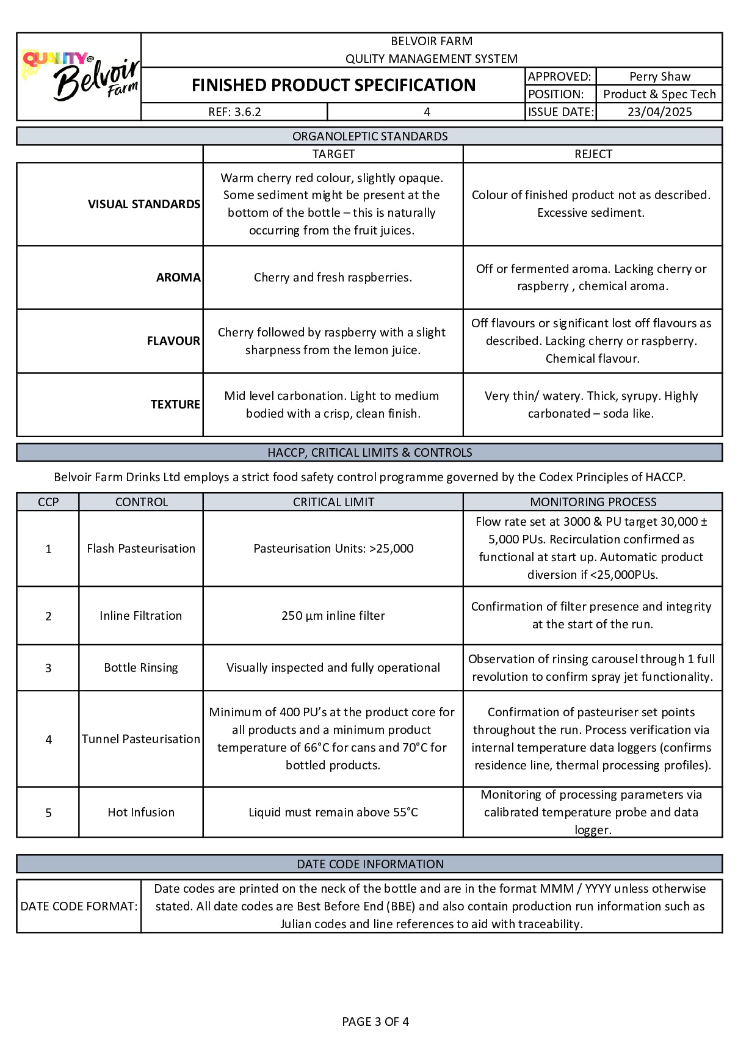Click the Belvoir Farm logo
pyautogui.click(x=80, y=76)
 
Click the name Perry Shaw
pyautogui.click(x=659, y=76)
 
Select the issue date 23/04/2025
pyautogui.click(x=659, y=112)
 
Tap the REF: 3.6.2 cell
pyautogui.click(x=234, y=112)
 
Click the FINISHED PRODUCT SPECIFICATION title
pyautogui.click(x=333, y=85)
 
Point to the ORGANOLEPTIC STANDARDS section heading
pyautogui.click(x=369, y=136)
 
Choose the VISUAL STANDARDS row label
pyautogui.click(x=143, y=204)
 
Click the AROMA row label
pyautogui.click(x=178, y=277)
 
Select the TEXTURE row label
pyautogui.click(x=175, y=404)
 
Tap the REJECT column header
pyautogui.click(x=593, y=154)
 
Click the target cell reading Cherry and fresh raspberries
pyautogui.click(x=333, y=277)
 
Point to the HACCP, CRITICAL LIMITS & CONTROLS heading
pyautogui.click(x=369, y=452)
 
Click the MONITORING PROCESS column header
pyautogui.click(x=593, y=502)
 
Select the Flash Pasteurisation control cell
pyautogui.click(x=141, y=548)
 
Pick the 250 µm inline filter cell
pyautogui.click(x=333, y=615)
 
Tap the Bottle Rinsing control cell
pyautogui.click(x=141, y=667)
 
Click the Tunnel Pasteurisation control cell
pyautogui.click(x=141, y=739)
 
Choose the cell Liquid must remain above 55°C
pyautogui.click(x=333, y=812)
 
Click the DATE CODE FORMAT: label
pyautogui.click(x=79, y=906)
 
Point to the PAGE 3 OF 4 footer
pyautogui.click(x=375, y=1022)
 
